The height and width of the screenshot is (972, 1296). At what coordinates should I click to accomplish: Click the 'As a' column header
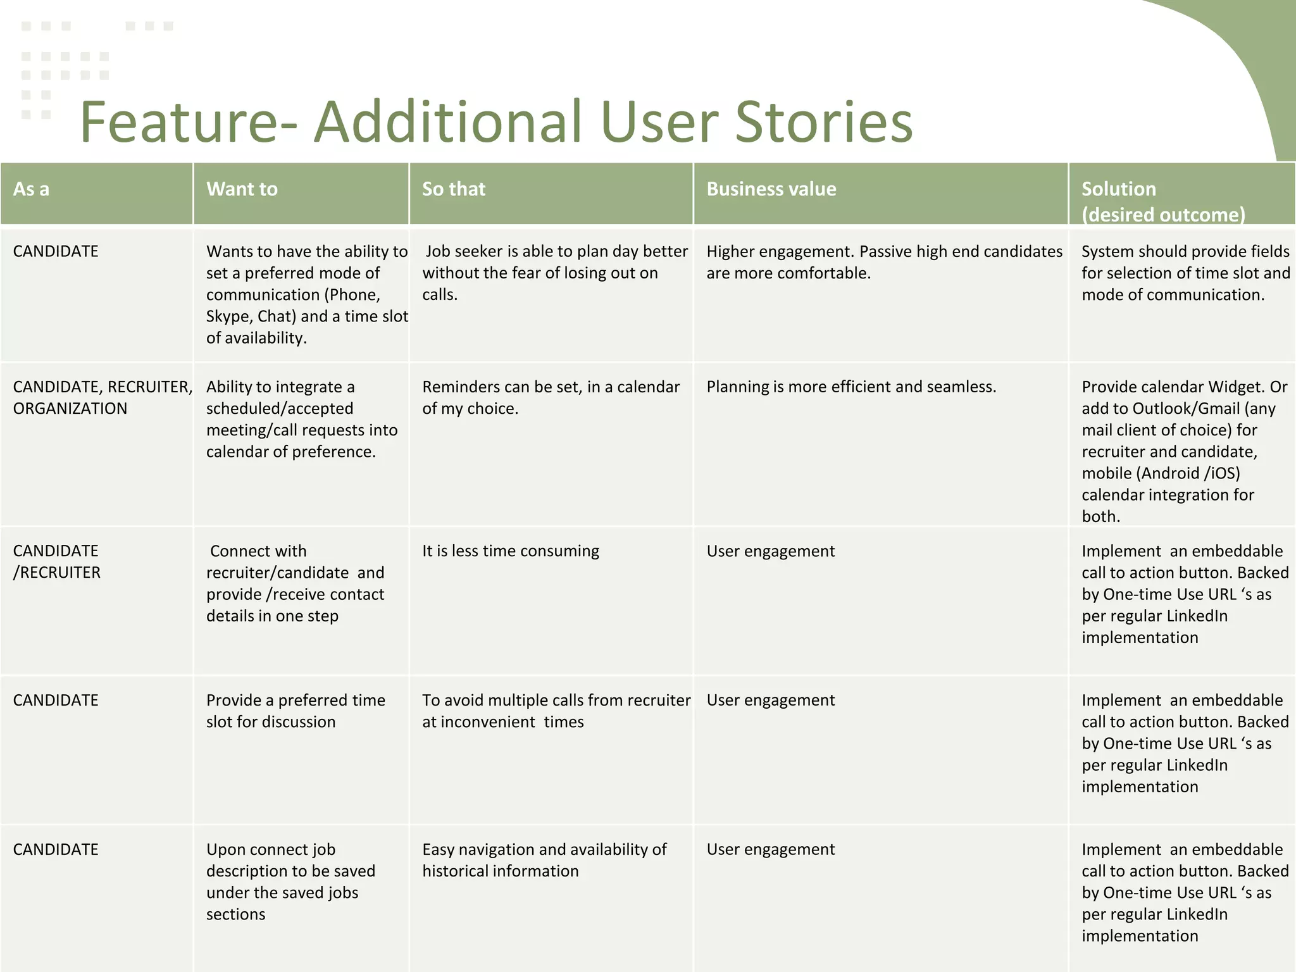point(32,189)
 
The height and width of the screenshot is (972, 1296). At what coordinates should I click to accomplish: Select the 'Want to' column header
point(242,189)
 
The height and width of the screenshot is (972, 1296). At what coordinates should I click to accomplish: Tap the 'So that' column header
point(454,189)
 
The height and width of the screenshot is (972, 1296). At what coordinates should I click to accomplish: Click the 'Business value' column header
point(771,189)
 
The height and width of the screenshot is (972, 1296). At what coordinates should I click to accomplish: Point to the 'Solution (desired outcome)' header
point(1162,201)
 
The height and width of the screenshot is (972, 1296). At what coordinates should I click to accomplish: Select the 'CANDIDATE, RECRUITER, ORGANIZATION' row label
point(101,397)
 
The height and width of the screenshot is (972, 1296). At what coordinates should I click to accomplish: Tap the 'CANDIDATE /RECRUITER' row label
point(57,561)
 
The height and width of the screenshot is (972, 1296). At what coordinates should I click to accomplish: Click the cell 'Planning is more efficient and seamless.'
point(851,387)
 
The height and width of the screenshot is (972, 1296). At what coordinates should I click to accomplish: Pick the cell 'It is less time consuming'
point(510,551)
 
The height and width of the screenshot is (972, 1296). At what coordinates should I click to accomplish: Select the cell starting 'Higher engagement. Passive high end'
point(883,262)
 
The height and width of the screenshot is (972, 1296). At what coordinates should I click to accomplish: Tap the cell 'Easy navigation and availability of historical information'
point(544,860)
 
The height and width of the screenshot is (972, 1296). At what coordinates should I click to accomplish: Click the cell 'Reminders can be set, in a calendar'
point(551,397)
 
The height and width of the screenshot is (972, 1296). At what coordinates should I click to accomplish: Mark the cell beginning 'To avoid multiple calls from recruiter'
point(556,711)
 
